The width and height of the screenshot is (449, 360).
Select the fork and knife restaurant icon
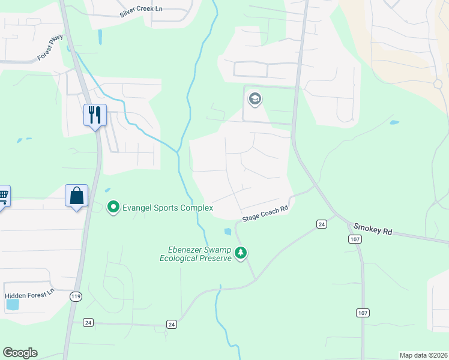[x=95, y=114]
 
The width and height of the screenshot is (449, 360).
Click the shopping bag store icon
[x=77, y=196]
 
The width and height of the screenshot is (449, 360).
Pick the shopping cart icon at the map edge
[x=3, y=195]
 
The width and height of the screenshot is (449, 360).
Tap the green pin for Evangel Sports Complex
[x=112, y=208]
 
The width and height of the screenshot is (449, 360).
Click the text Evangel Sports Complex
[x=167, y=208]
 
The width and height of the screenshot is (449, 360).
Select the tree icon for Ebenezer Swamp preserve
[x=241, y=253]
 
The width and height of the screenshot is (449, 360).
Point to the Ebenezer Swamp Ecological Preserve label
[x=195, y=254]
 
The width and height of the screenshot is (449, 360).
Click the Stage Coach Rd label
[x=265, y=213]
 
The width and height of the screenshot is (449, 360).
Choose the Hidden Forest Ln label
[x=29, y=295]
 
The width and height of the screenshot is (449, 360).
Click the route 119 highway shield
[x=76, y=297]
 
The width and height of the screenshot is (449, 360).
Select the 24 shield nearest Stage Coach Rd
[x=322, y=224]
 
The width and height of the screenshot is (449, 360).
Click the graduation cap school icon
[x=255, y=98]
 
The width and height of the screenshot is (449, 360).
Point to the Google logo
[x=20, y=353]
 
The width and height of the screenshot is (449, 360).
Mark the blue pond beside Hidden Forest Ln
[x=12, y=304]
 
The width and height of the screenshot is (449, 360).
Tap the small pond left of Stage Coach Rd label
[x=228, y=231]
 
